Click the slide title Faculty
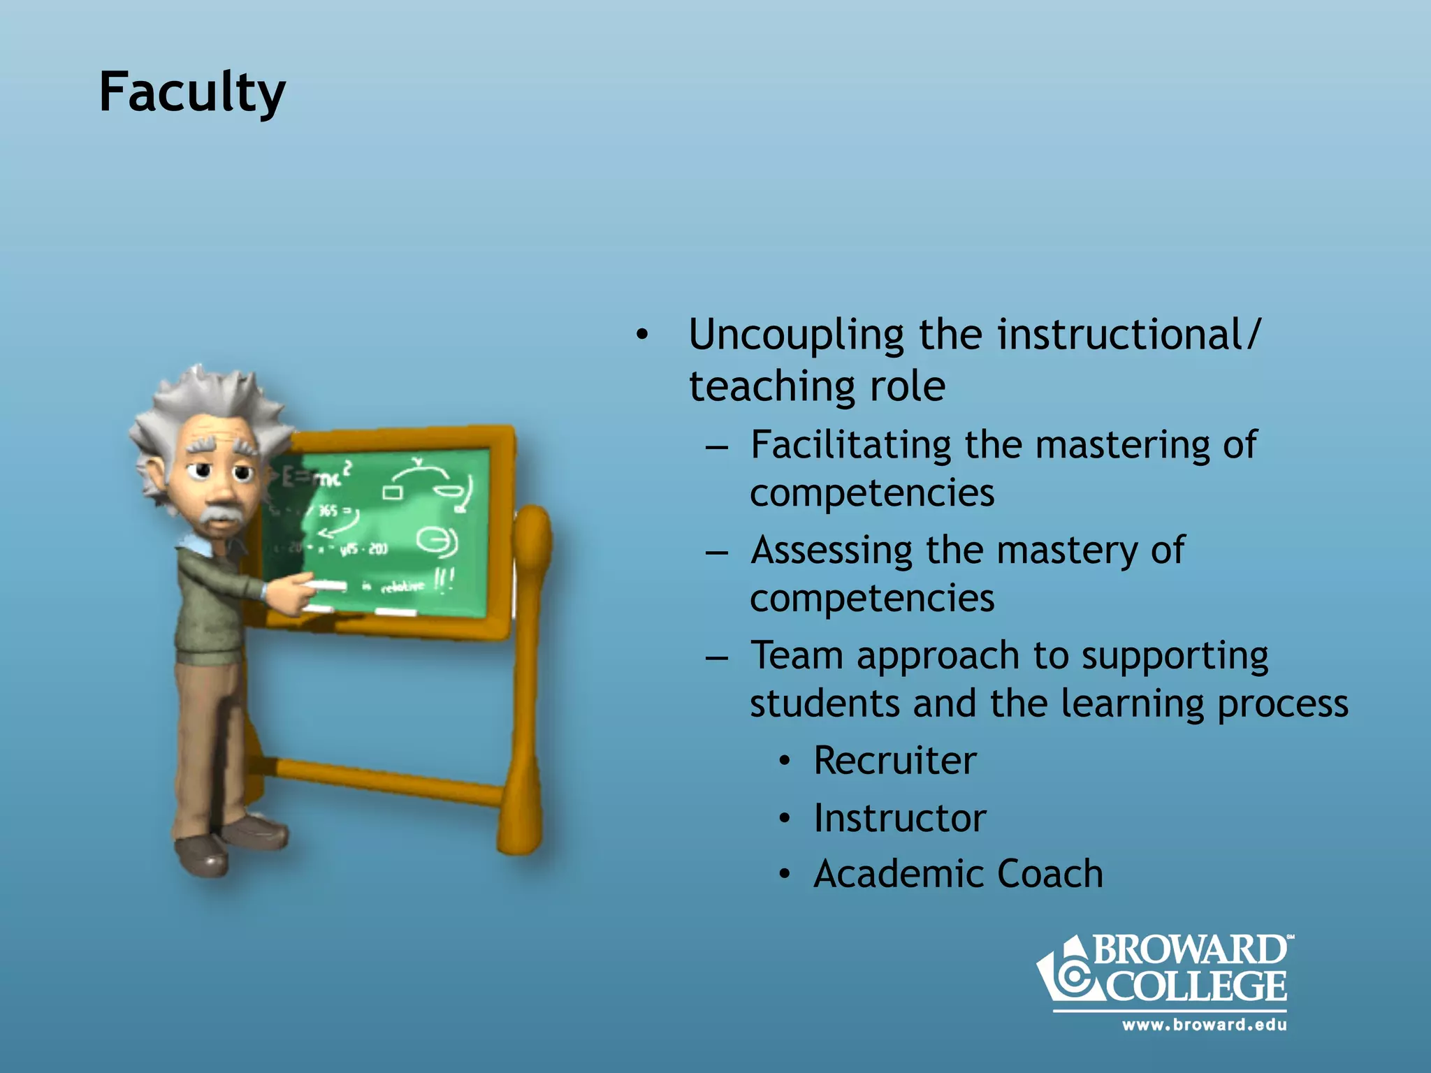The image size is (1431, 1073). pyautogui.click(x=192, y=93)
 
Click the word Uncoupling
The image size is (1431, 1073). pyautogui.click(x=795, y=335)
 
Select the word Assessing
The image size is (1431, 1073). pyautogui.click(x=831, y=550)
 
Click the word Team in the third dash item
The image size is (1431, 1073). pyautogui.click(x=797, y=656)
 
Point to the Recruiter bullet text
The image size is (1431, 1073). pyautogui.click(x=894, y=761)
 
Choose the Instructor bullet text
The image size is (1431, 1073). pyautogui.click(x=899, y=818)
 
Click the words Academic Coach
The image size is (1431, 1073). pyautogui.click(x=958, y=874)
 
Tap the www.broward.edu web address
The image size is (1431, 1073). pyautogui.click(x=1204, y=1025)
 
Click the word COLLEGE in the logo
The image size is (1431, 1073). pyautogui.click(x=1196, y=986)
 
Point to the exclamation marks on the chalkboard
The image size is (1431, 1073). pyautogui.click(x=444, y=580)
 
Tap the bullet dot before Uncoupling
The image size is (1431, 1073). pyautogui.click(x=642, y=335)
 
